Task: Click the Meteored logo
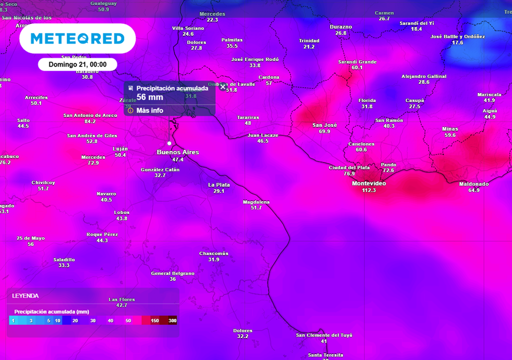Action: (x=77, y=38)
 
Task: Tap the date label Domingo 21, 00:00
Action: (x=77, y=64)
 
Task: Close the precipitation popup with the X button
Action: (x=223, y=86)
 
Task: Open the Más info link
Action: (x=149, y=110)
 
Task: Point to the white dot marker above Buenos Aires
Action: (x=169, y=143)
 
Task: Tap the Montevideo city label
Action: (x=368, y=183)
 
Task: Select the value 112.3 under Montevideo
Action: (x=368, y=190)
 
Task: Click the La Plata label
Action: (x=219, y=185)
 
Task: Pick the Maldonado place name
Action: (x=474, y=184)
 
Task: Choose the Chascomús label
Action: (x=213, y=253)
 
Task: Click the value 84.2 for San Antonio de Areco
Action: (x=90, y=121)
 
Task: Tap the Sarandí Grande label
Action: (x=357, y=62)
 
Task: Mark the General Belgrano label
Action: (x=172, y=273)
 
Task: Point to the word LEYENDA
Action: (x=25, y=296)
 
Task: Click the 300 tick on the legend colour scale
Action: (x=172, y=320)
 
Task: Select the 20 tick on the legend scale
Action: (x=75, y=320)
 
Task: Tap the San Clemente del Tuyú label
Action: (x=324, y=335)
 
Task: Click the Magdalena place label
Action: (x=256, y=202)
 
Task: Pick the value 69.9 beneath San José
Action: (x=324, y=131)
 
